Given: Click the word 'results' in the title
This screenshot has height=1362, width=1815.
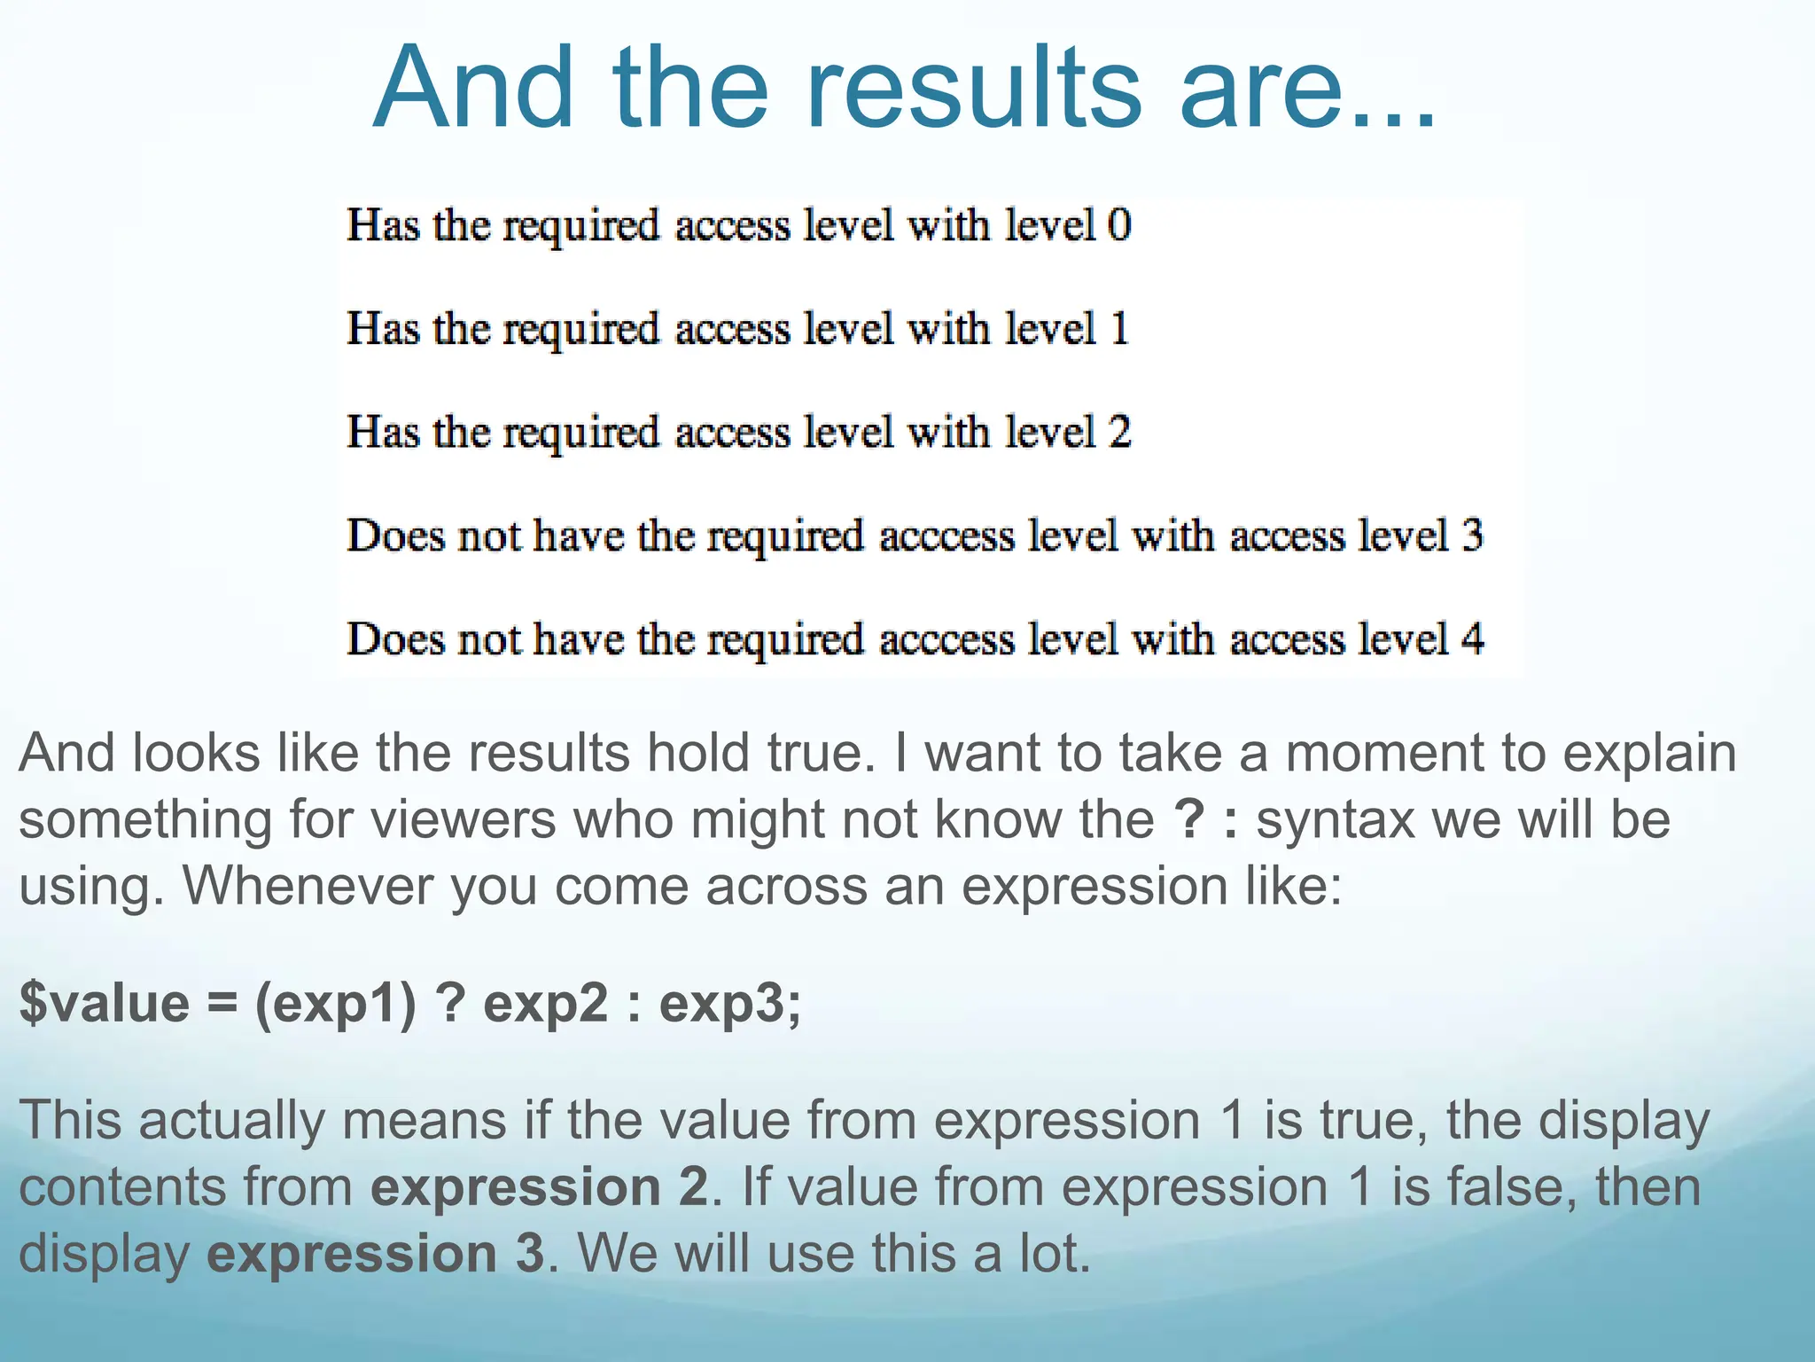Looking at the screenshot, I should click(x=973, y=89).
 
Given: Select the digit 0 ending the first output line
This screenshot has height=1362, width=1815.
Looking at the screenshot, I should click(x=1119, y=224).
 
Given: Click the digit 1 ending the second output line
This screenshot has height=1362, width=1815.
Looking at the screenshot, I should click(x=1119, y=328).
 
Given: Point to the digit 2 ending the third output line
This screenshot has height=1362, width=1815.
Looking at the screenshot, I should click(x=1119, y=432).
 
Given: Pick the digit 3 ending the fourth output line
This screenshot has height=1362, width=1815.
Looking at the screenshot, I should click(x=1471, y=536).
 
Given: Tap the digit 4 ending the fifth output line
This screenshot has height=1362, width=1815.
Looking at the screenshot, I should click(x=1471, y=639).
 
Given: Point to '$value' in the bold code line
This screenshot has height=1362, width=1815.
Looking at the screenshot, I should click(x=105, y=1003).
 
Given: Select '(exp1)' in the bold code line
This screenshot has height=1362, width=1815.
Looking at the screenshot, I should click(x=335, y=1005).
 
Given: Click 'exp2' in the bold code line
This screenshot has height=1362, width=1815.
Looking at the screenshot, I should click(x=545, y=1005).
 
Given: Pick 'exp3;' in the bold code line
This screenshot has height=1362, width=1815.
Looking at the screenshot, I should click(x=729, y=1005).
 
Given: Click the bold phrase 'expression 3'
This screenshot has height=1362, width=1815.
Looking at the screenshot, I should click(x=376, y=1254).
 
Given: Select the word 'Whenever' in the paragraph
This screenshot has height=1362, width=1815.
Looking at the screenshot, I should click(x=308, y=886).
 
